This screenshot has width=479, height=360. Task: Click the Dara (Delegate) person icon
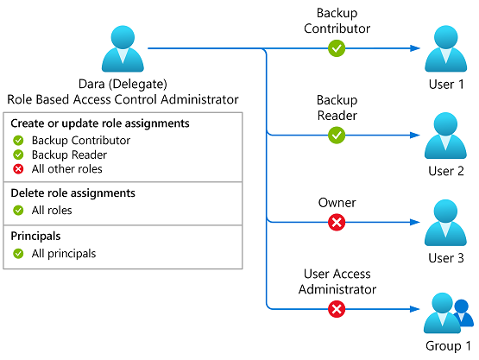point(123,48)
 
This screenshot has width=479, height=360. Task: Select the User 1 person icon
point(445,48)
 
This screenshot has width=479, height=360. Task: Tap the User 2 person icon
point(445,136)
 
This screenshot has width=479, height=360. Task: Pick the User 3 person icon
point(445,223)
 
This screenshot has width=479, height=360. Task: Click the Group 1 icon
point(448,313)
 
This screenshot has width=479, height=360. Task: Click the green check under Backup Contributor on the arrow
point(337,48)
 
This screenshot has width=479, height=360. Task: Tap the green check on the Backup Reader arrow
point(337,135)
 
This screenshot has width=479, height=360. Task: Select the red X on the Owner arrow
point(337,222)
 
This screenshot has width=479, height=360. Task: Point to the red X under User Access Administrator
point(337,309)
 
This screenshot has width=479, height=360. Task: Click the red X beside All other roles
point(18,169)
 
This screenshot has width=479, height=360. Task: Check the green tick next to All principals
point(18,253)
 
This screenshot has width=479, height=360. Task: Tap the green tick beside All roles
point(18,211)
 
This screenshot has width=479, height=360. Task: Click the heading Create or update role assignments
point(100,123)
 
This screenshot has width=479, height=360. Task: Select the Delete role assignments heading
point(72,193)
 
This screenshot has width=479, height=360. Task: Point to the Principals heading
point(35,237)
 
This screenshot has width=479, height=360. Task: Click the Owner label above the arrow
point(337,203)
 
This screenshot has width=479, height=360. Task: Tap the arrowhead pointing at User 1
point(415,48)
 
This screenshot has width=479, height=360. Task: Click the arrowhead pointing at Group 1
point(415,309)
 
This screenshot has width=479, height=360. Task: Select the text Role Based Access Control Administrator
point(123,99)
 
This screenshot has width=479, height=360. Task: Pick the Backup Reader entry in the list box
point(69,155)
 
